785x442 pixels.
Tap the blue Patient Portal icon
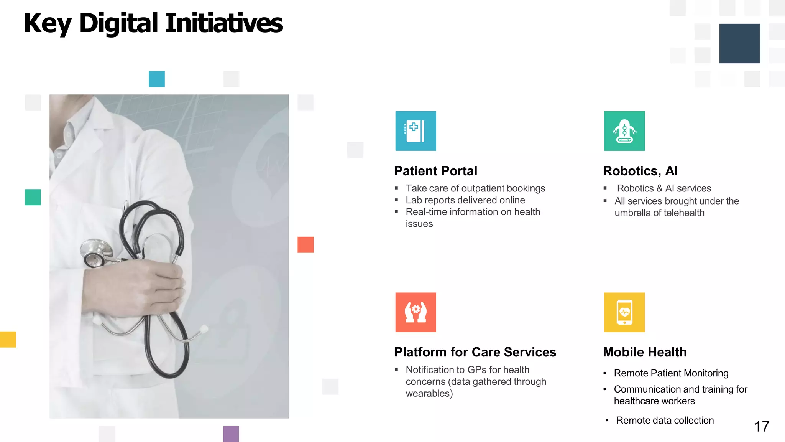coord(415,131)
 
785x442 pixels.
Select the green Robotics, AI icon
coord(624,131)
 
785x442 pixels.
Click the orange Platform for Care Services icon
coord(415,312)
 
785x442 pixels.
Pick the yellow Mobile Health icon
coord(624,312)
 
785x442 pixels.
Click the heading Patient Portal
coord(435,171)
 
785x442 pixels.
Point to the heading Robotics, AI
coord(640,171)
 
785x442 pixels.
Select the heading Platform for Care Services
coord(475,352)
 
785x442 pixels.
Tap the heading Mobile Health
coord(645,352)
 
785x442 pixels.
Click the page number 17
coord(762,427)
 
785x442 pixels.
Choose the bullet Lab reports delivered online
coord(465,200)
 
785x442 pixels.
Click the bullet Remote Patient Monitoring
coord(671,373)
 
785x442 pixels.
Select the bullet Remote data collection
coord(665,421)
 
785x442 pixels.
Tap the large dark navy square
coord(739,43)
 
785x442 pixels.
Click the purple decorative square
coord(231,434)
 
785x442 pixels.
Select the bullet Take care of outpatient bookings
coord(475,188)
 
